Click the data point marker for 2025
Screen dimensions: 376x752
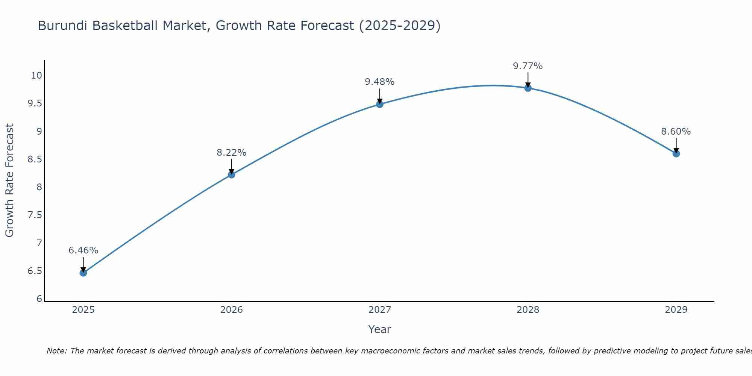[83, 273]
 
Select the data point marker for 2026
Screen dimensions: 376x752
[231, 174]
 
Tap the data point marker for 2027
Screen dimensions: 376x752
[380, 104]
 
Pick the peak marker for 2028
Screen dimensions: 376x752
[528, 88]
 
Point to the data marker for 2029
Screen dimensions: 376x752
[676, 153]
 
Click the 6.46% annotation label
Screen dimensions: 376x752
[83, 250]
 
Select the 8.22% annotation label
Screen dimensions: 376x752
[231, 153]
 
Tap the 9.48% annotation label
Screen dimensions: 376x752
[380, 82]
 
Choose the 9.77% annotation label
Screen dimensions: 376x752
[528, 66]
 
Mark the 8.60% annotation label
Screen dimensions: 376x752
[676, 132]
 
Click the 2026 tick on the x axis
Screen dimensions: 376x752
[231, 310]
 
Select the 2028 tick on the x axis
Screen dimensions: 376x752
[528, 310]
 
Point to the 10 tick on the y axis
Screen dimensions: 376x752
[36, 76]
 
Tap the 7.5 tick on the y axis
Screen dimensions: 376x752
[35, 215]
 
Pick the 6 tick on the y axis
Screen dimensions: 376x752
[39, 299]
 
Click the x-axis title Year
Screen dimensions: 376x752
[380, 329]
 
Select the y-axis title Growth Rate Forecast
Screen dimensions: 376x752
[9, 180]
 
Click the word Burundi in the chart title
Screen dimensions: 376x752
[63, 26]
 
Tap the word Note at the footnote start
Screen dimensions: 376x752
[56, 351]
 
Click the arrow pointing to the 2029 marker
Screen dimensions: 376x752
[676, 145]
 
